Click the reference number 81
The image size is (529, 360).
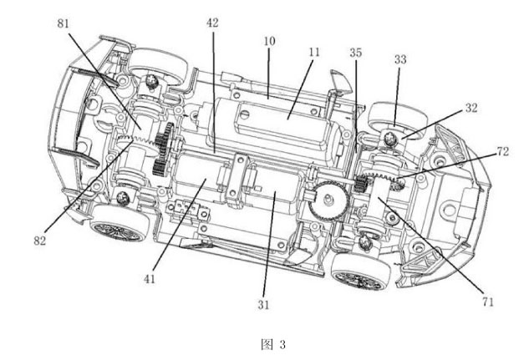coord(63,23)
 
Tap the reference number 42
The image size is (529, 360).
coord(212,23)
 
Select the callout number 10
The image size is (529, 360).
coord(269,41)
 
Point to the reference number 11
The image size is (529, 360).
coord(313,53)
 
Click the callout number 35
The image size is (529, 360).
coord(355,53)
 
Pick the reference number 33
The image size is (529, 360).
coord(400,59)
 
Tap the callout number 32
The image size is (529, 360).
coord(471,108)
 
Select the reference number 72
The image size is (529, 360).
coord(502,151)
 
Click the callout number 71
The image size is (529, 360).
coord(488,302)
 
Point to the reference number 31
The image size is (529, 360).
coord(263,305)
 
